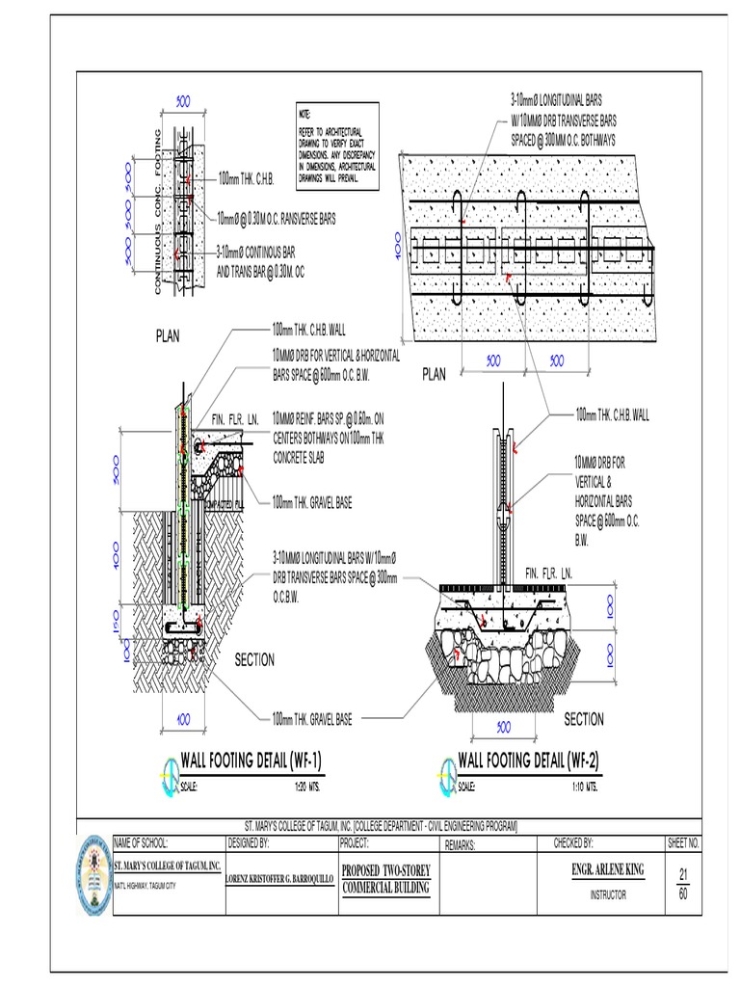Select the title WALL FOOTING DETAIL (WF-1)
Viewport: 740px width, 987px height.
click(x=251, y=760)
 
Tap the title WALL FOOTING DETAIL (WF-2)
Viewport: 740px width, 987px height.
click(x=528, y=760)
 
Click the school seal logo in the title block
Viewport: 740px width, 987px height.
click(x=93, y=871)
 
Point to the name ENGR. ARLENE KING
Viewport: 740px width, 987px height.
click(x=607, y=869)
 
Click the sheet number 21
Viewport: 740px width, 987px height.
click(x=683, y=874)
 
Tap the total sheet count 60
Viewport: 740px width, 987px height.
click(x=683, y=894)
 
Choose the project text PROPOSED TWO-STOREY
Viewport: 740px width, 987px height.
click(x=385, y=870)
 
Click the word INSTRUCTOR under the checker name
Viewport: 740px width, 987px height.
click(x=607, y=894)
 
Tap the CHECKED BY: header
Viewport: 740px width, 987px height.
click(x=573, y=843)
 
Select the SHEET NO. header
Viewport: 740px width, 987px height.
click(x=683, y=843)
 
